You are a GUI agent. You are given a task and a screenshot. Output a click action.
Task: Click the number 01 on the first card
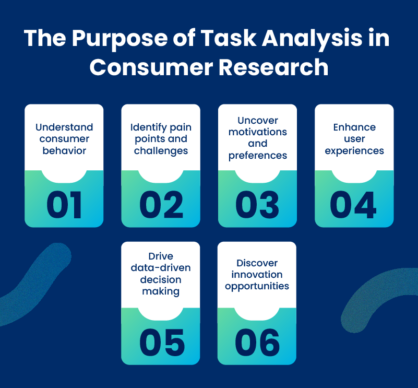[x=64, y=205]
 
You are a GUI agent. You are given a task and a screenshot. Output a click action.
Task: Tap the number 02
[x=161, y=205]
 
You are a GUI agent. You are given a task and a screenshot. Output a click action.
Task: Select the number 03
[x=257, y=205]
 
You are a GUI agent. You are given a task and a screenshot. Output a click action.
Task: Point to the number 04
[x=353, y=205]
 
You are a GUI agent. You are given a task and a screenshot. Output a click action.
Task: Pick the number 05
[x=162, y=343]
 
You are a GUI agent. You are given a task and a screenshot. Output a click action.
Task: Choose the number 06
[x=257, y=343]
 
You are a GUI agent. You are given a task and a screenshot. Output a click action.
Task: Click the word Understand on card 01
[x=64, y=127]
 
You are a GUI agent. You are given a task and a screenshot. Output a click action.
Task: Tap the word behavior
[x=64, y=150]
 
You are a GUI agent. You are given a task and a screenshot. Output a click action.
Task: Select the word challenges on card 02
[x=161, y=151]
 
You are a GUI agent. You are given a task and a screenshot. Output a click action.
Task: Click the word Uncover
[x=258, y=120]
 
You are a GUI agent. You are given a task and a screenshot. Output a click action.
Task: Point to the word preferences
[x=258, y=156]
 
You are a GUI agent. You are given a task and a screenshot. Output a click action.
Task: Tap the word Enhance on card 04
[x=354, y=127]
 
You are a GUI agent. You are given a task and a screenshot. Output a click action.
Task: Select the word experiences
[x=354, y=151]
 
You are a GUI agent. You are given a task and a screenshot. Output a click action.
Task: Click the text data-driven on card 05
[x=161, y=268]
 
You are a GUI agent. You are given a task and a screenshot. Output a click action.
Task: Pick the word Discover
[x=257, y=263]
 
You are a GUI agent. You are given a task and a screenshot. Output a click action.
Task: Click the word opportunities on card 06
[x=257, y=286]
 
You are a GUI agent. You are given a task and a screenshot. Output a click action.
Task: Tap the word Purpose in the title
[x=120, y=39]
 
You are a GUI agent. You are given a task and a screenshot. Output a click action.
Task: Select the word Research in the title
[x=273, y=67]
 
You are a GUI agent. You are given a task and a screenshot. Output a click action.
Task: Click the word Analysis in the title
[x=312, y=39]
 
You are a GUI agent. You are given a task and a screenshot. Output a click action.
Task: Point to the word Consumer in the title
[x=151, y=67]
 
